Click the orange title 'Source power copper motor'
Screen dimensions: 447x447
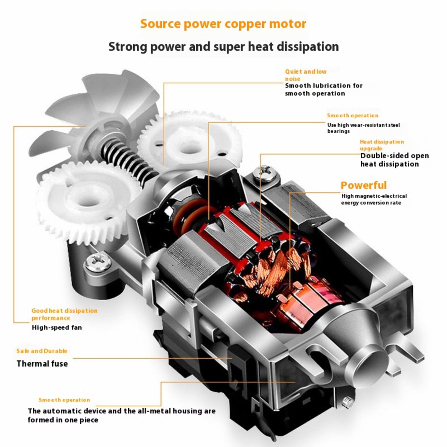(223, 24)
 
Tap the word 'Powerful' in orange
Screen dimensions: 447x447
(363, 185)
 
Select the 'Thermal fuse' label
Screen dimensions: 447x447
(42, 363)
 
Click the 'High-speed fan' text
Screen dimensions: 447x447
(57, 327)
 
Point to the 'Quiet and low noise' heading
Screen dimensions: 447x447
(305, 75)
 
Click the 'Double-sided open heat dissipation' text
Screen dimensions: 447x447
(394, 160)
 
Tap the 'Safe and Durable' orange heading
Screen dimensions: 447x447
(42, 351)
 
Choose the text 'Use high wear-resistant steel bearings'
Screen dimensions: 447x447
(363, 128)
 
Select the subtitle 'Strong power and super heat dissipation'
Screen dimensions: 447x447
(223, 46)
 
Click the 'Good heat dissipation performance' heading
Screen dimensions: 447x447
(64, 314)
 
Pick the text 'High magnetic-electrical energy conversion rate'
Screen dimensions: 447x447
(374, 199)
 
